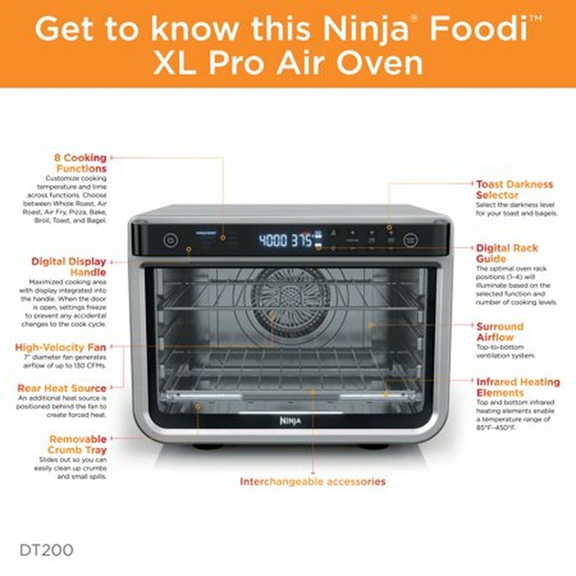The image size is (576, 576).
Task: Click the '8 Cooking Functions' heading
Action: click(81, 163)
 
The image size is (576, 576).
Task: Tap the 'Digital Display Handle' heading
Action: click(69, 267)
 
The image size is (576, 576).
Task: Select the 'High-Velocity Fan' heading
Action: click(61, 347)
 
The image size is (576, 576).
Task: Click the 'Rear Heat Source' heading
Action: click(62, 388)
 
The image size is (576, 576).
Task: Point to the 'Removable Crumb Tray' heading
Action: click(78, 444)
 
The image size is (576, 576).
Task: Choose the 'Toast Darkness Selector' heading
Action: click(514, 189)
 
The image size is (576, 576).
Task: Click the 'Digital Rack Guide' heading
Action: click(507, 253)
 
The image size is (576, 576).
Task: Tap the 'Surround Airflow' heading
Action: click(499, 332)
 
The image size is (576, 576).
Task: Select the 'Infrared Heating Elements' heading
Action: click(518, 387)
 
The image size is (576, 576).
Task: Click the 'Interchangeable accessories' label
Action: click(312, 481)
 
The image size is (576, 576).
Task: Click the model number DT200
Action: click(46, 550)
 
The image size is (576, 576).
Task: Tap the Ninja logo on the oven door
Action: click(290, 421)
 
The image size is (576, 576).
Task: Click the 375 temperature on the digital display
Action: click(301, 240)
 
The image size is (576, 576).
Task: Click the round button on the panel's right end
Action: click(410, 240)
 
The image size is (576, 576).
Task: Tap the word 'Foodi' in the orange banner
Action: click(479, 29)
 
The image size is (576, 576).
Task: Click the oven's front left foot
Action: click(208, 447)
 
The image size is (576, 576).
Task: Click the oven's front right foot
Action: click(373, 447)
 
